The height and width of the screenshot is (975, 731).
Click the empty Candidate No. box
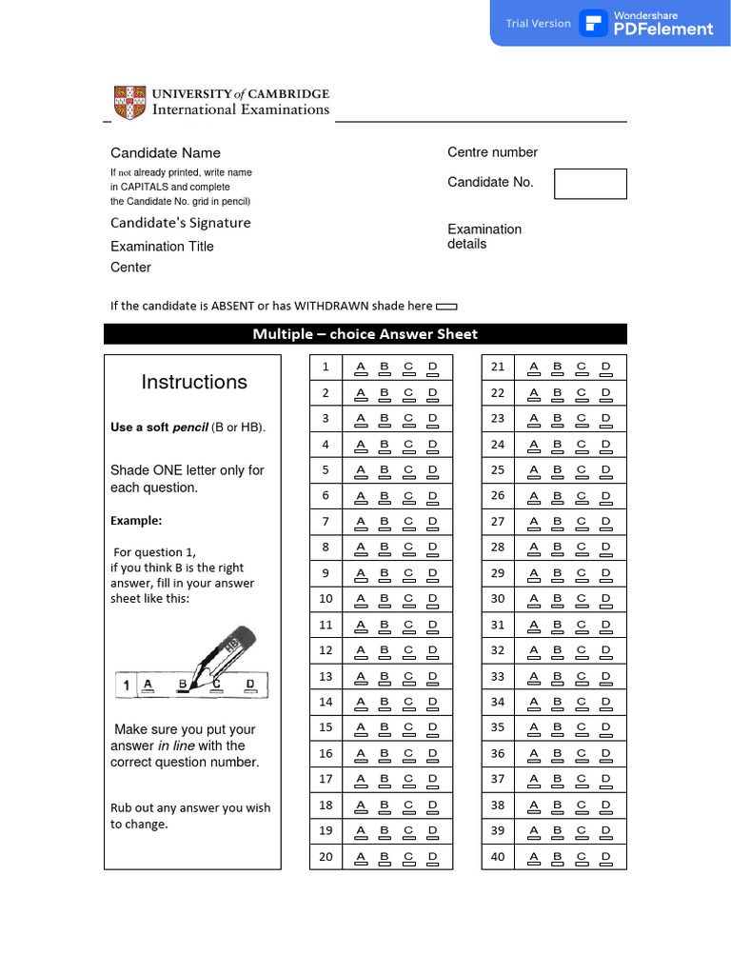point(590,184)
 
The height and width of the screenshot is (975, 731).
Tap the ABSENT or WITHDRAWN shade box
point(445,307)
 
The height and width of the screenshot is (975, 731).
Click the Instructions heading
point(194,382)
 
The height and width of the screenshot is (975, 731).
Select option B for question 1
point(385,368)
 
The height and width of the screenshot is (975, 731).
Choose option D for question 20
point(432,858)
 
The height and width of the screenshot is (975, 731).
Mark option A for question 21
point(534,368)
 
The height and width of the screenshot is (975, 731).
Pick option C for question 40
point(582,858)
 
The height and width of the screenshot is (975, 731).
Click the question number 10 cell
point(326,599)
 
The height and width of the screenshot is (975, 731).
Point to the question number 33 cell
point(498,676)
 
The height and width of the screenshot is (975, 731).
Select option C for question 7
point(408,523)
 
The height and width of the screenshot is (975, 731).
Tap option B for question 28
point(558,548)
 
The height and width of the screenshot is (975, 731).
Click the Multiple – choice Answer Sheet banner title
point(365,334)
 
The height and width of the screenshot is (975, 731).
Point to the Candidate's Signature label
point(181,223)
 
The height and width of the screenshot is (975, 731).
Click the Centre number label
point(492,152)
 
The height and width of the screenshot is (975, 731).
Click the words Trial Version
point(538,24)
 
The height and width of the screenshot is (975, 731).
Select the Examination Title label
point(162,247)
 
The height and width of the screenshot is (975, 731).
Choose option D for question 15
point(432,729)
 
